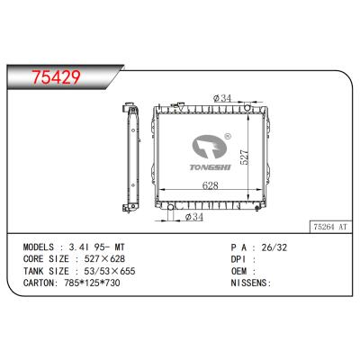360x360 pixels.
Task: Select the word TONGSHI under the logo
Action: pos(214,165)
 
